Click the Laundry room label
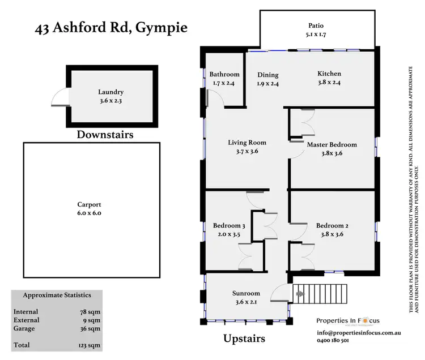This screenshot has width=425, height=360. coord(110,92)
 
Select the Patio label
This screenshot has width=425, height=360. coord(316,25)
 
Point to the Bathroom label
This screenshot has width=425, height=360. coord(224,74)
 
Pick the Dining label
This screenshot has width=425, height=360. coord(268,74)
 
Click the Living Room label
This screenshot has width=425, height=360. coord(247,143)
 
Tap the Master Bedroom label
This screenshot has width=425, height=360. coord(332,144)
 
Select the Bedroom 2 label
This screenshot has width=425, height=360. coord(332,226)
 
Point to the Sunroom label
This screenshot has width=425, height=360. coord(246,293)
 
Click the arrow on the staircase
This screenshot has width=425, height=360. coord(300,294)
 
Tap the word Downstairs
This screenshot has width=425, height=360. coord(105,135)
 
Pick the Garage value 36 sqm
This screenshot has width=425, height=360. coord(91,328)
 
